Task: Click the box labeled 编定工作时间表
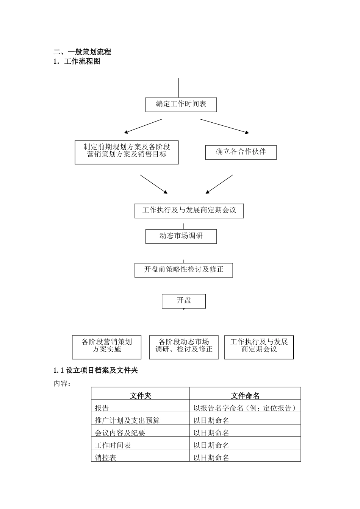[181, 104]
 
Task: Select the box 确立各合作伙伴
[241, 152]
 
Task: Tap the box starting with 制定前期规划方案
[127, 152]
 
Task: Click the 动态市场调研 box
[181, 236]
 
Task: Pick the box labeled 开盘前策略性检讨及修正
[184, 270]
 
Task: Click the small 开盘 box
[184, 301]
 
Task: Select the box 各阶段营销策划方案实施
[106, 347]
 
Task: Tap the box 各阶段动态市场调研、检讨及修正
[184, 347]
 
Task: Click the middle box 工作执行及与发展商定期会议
[189, 211]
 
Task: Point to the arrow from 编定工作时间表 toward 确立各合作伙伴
[224, 126]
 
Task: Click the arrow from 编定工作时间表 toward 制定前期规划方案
[143, 126]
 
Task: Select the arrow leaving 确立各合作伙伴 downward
[219, 184]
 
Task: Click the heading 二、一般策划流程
[82, 52]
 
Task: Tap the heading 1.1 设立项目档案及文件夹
[95, 370]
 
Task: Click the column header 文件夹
[140, 395]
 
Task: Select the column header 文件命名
[245, 395]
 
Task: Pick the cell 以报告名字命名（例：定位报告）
[245, 408]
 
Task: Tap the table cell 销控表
[106, 457]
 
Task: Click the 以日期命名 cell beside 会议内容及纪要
[211, 433]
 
